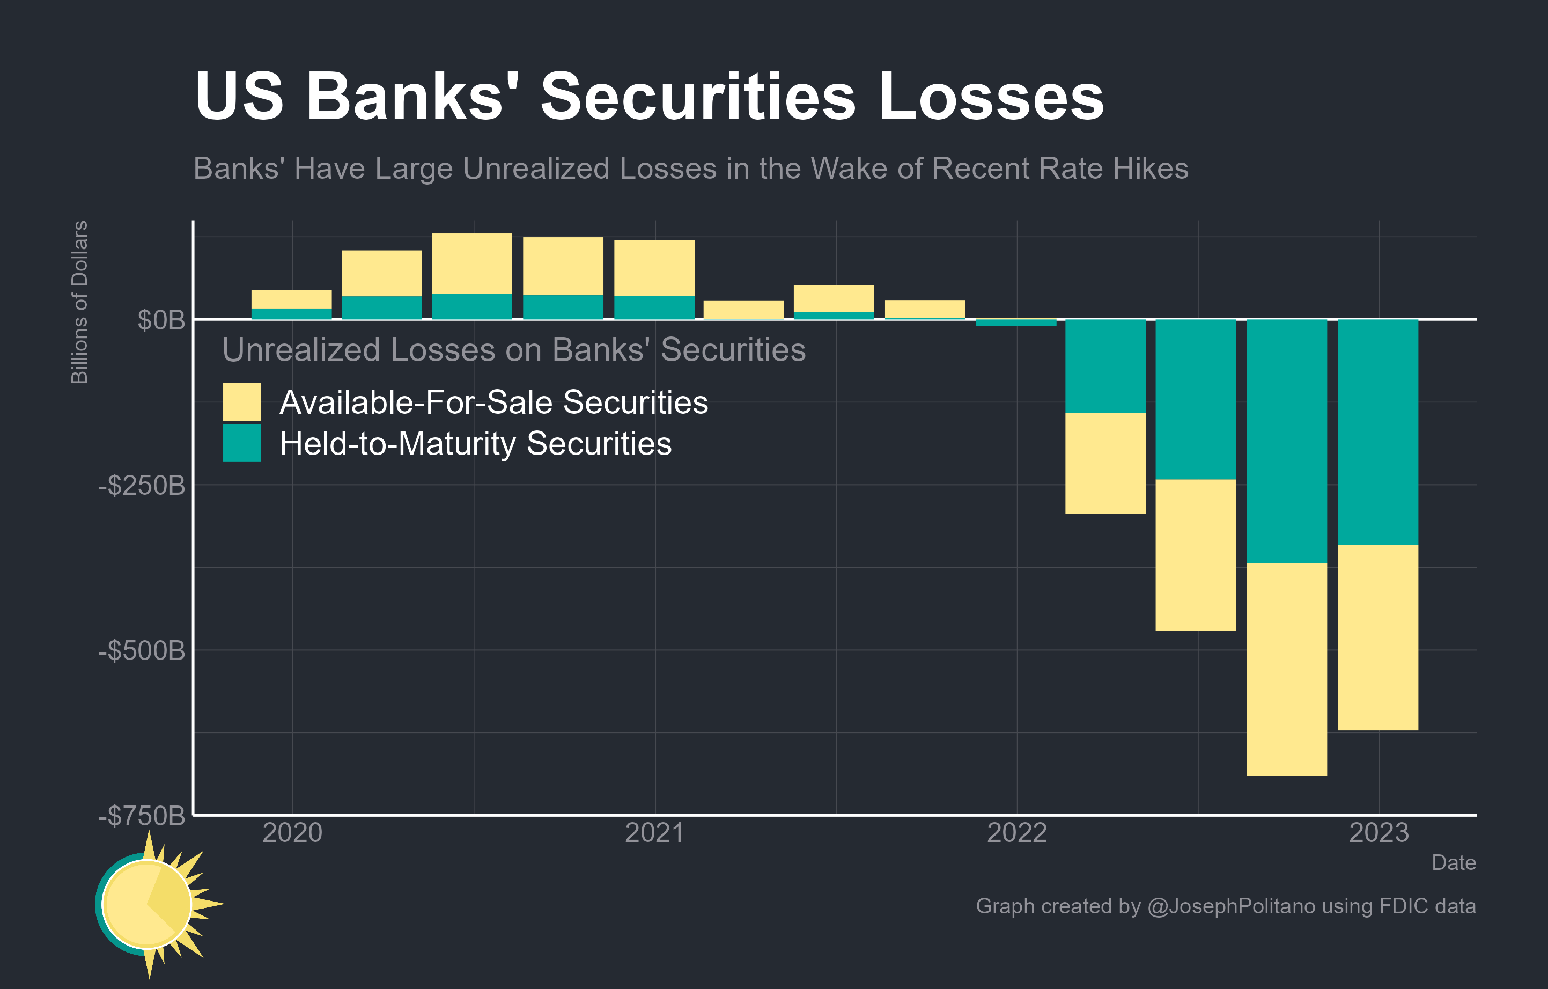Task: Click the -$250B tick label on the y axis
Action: tap(142, 486)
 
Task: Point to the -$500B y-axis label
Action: tap(142, 651)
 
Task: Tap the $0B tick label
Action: tap(161, 320)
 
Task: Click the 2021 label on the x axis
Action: tap(654, 833)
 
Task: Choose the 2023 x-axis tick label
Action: tap(1379, 833)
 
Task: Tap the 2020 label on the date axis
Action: tap(292, 833)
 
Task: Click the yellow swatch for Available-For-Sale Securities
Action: tap(242, 401)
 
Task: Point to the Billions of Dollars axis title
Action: tap(79, 302)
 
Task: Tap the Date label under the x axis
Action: tap(1454, 862)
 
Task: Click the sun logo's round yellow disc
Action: tap(146, 904)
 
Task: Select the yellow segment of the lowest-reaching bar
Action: tap(1286, 669)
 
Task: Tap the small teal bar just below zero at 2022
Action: tap(1016, 323)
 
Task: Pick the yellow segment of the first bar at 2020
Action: tap(291, 299)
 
